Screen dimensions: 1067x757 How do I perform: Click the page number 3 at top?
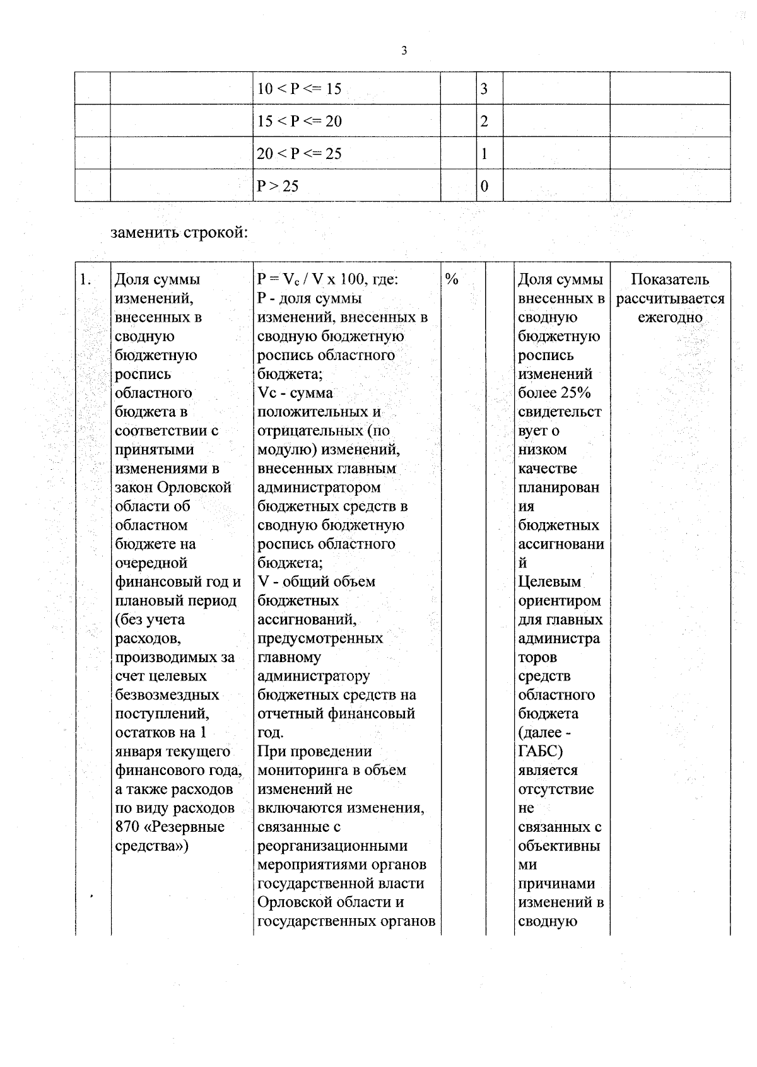[404, 51]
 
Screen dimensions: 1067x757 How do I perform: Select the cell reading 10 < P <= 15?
[299, 89]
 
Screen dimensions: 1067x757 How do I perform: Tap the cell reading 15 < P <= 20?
[299, 121]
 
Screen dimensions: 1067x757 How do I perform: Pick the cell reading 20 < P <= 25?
[299, 154]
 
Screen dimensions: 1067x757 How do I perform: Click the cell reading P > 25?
[278, 186]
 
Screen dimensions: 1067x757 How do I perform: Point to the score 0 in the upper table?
[484, 186]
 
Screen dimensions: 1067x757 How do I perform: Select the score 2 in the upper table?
[484, 121]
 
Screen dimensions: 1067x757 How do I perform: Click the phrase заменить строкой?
[179, 233]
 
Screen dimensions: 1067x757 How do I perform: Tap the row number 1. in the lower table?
[86, 279]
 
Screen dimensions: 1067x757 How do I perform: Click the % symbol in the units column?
[452, 279]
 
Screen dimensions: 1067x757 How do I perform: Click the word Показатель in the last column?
[670, 279]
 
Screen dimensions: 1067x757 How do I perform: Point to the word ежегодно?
[670, 317]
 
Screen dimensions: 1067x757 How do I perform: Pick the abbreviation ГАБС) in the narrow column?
[541, 752]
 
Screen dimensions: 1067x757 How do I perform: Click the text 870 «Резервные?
[170, 827]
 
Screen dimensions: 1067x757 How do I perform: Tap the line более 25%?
[554, 393]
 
